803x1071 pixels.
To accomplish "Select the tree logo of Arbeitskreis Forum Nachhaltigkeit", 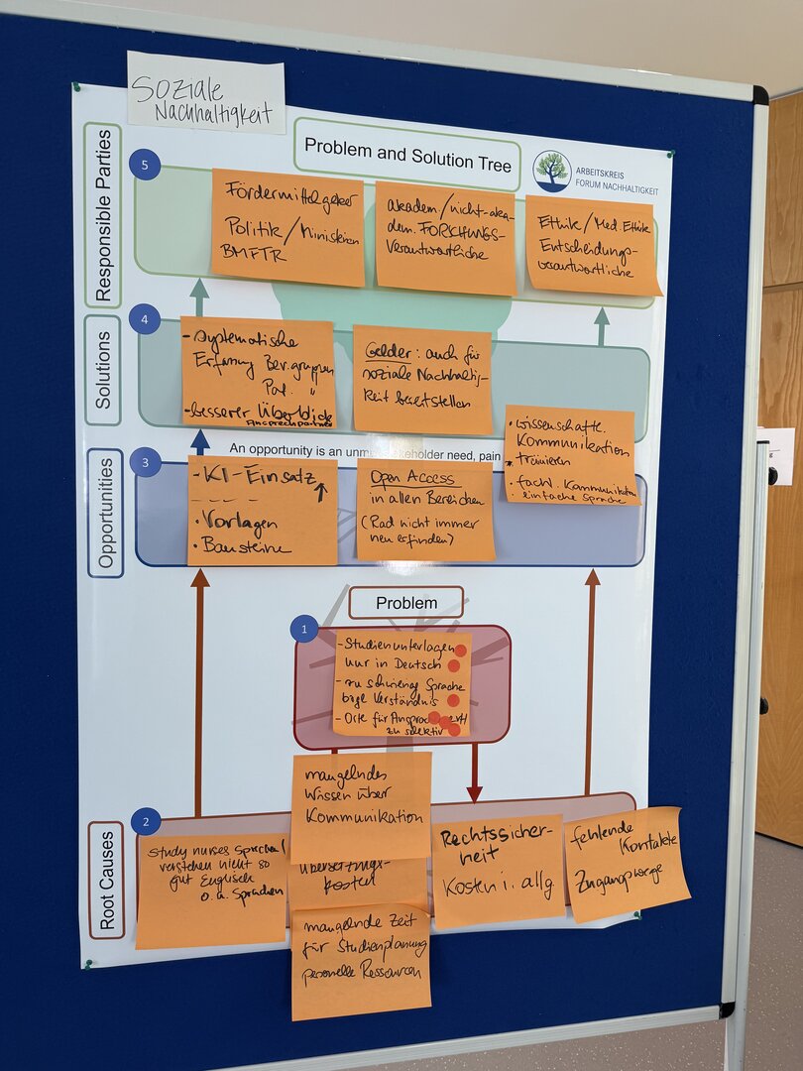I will coord(552,170).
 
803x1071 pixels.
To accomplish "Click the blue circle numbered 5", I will coord(145,165).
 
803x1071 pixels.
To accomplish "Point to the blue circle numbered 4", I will coord(145,319).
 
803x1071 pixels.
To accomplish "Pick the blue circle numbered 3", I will coord(145,462).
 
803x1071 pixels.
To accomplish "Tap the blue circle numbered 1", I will coord(304,628).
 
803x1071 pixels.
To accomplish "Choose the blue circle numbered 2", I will coord(145,821).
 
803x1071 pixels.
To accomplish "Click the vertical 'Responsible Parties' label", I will coord(102,215).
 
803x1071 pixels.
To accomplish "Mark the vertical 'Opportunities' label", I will coord(105,513).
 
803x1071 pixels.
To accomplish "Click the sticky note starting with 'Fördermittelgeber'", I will coord(287,228).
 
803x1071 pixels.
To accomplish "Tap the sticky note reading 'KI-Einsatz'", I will coord(263,511).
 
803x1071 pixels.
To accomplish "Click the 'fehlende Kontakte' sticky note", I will coord(626,863).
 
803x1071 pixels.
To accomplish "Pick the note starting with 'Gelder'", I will coord(422,379).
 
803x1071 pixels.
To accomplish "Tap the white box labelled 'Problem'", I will coord(405,602).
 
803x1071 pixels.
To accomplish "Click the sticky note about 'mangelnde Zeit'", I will coord(361,960).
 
